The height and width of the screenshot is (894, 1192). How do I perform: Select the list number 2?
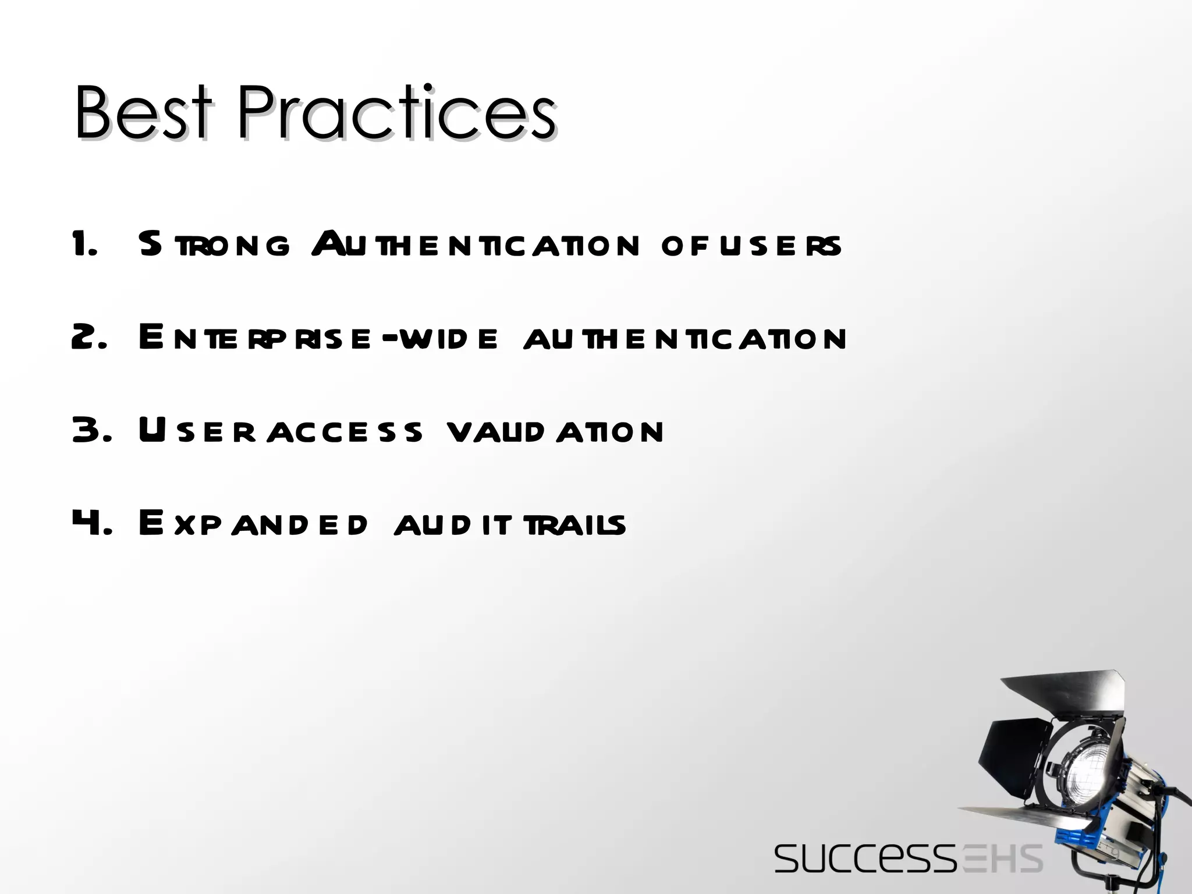pos(88,338)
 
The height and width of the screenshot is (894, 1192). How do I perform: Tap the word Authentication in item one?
pos(475,244)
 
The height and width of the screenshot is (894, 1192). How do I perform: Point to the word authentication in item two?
pos(684,338)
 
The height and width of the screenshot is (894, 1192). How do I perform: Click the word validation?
pos(555,431)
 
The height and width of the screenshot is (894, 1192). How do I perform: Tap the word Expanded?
pos(253,524)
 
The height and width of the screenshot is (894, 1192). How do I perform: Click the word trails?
pos(574,524)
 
